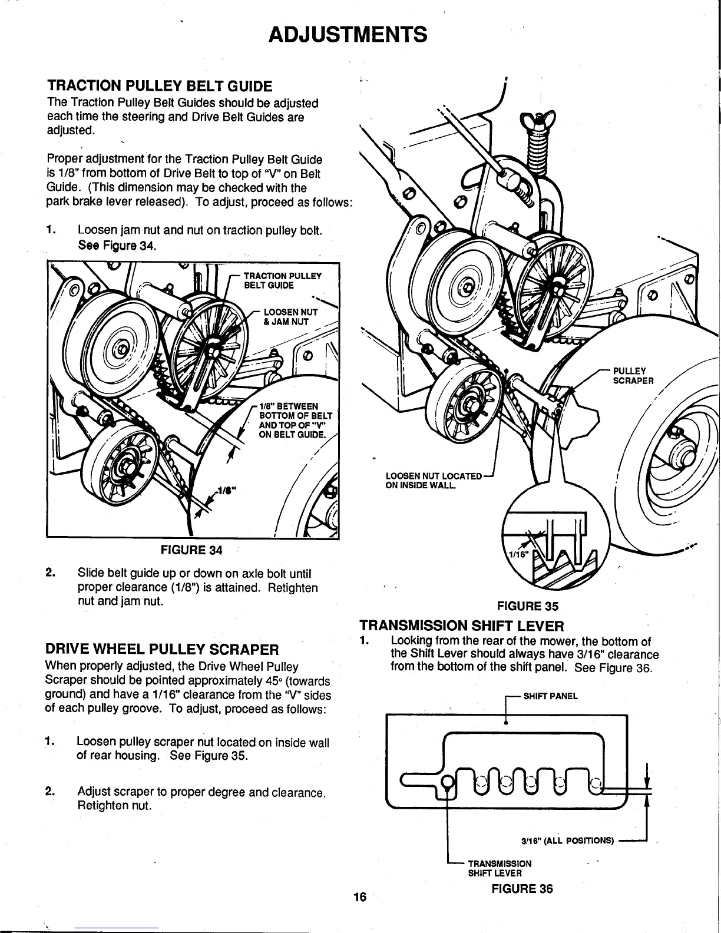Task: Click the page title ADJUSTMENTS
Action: [347, 34]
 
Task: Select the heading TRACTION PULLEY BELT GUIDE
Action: [159, 87]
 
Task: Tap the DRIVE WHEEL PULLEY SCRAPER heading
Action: [161, 650]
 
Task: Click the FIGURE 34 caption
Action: [191, 551]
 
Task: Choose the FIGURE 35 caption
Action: [527, 606]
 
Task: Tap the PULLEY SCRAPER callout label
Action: [633, 376]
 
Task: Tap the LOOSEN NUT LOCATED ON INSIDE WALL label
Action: [433, 480]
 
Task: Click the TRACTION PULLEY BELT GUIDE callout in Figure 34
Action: [282, 280]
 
